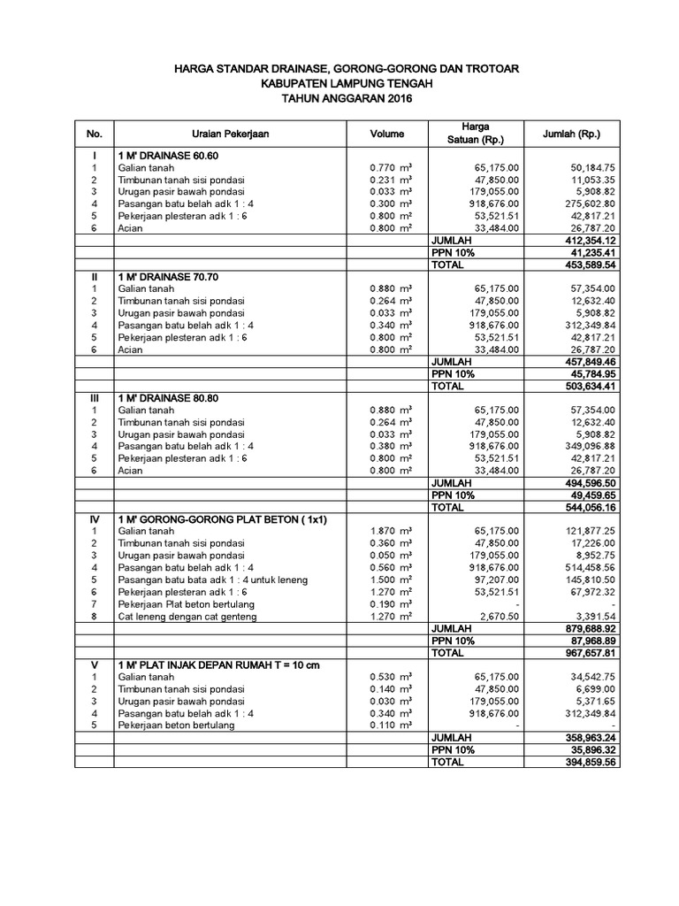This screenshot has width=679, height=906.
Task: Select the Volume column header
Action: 386,134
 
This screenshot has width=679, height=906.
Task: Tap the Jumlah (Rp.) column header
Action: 576,134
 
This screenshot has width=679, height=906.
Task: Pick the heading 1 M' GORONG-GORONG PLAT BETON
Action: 222,519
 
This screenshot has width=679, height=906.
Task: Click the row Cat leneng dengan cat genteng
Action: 187,616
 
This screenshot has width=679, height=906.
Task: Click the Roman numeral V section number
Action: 94,664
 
